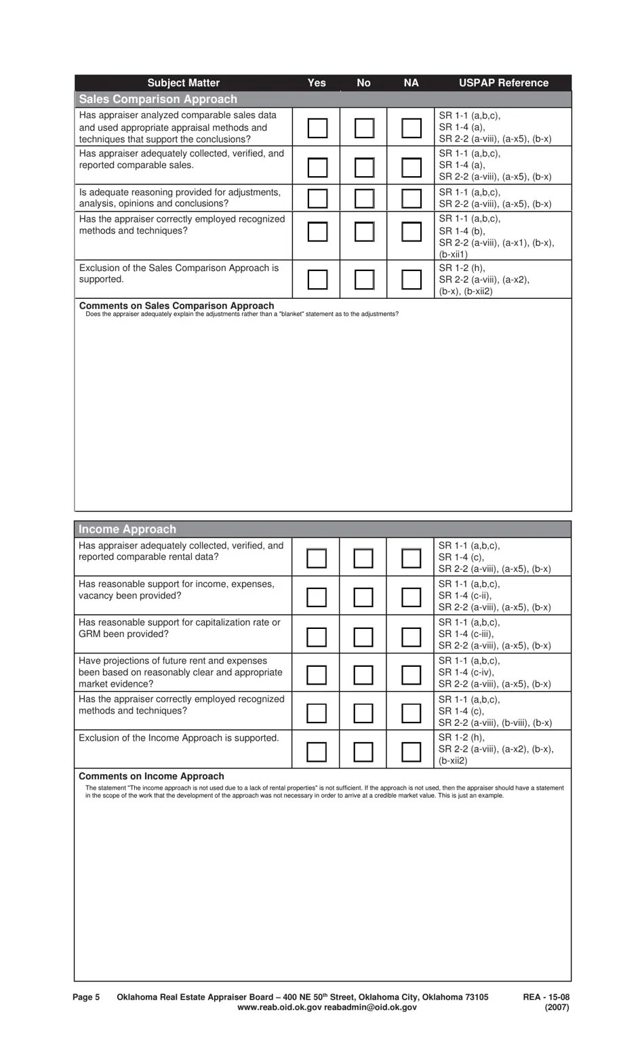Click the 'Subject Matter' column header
(x=183, y=83)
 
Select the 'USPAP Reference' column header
(x=503, y=83)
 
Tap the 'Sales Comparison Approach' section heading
(x=158, y=99)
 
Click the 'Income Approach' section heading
(x=127, y=529)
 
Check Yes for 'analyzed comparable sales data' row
(x=317, y=127)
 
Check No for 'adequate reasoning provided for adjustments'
(x=364, y=198)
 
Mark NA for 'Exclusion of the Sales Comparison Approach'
(x=411, y=279)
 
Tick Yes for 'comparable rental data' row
(x=317, y=558)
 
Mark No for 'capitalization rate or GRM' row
(x=363, y=636)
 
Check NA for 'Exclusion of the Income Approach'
(x=411, y=751)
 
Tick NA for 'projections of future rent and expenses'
(x=411, y=674)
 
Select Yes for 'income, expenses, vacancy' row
(x=317, y=597)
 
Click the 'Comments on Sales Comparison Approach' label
(x=176, y=306)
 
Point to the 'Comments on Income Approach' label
(x=151, y=776)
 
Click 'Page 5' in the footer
(x=86, y=997)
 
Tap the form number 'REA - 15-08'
(x=546, y=997)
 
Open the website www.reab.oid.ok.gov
(x=279, y=1007)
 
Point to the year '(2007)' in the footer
(x=557, y=1007)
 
